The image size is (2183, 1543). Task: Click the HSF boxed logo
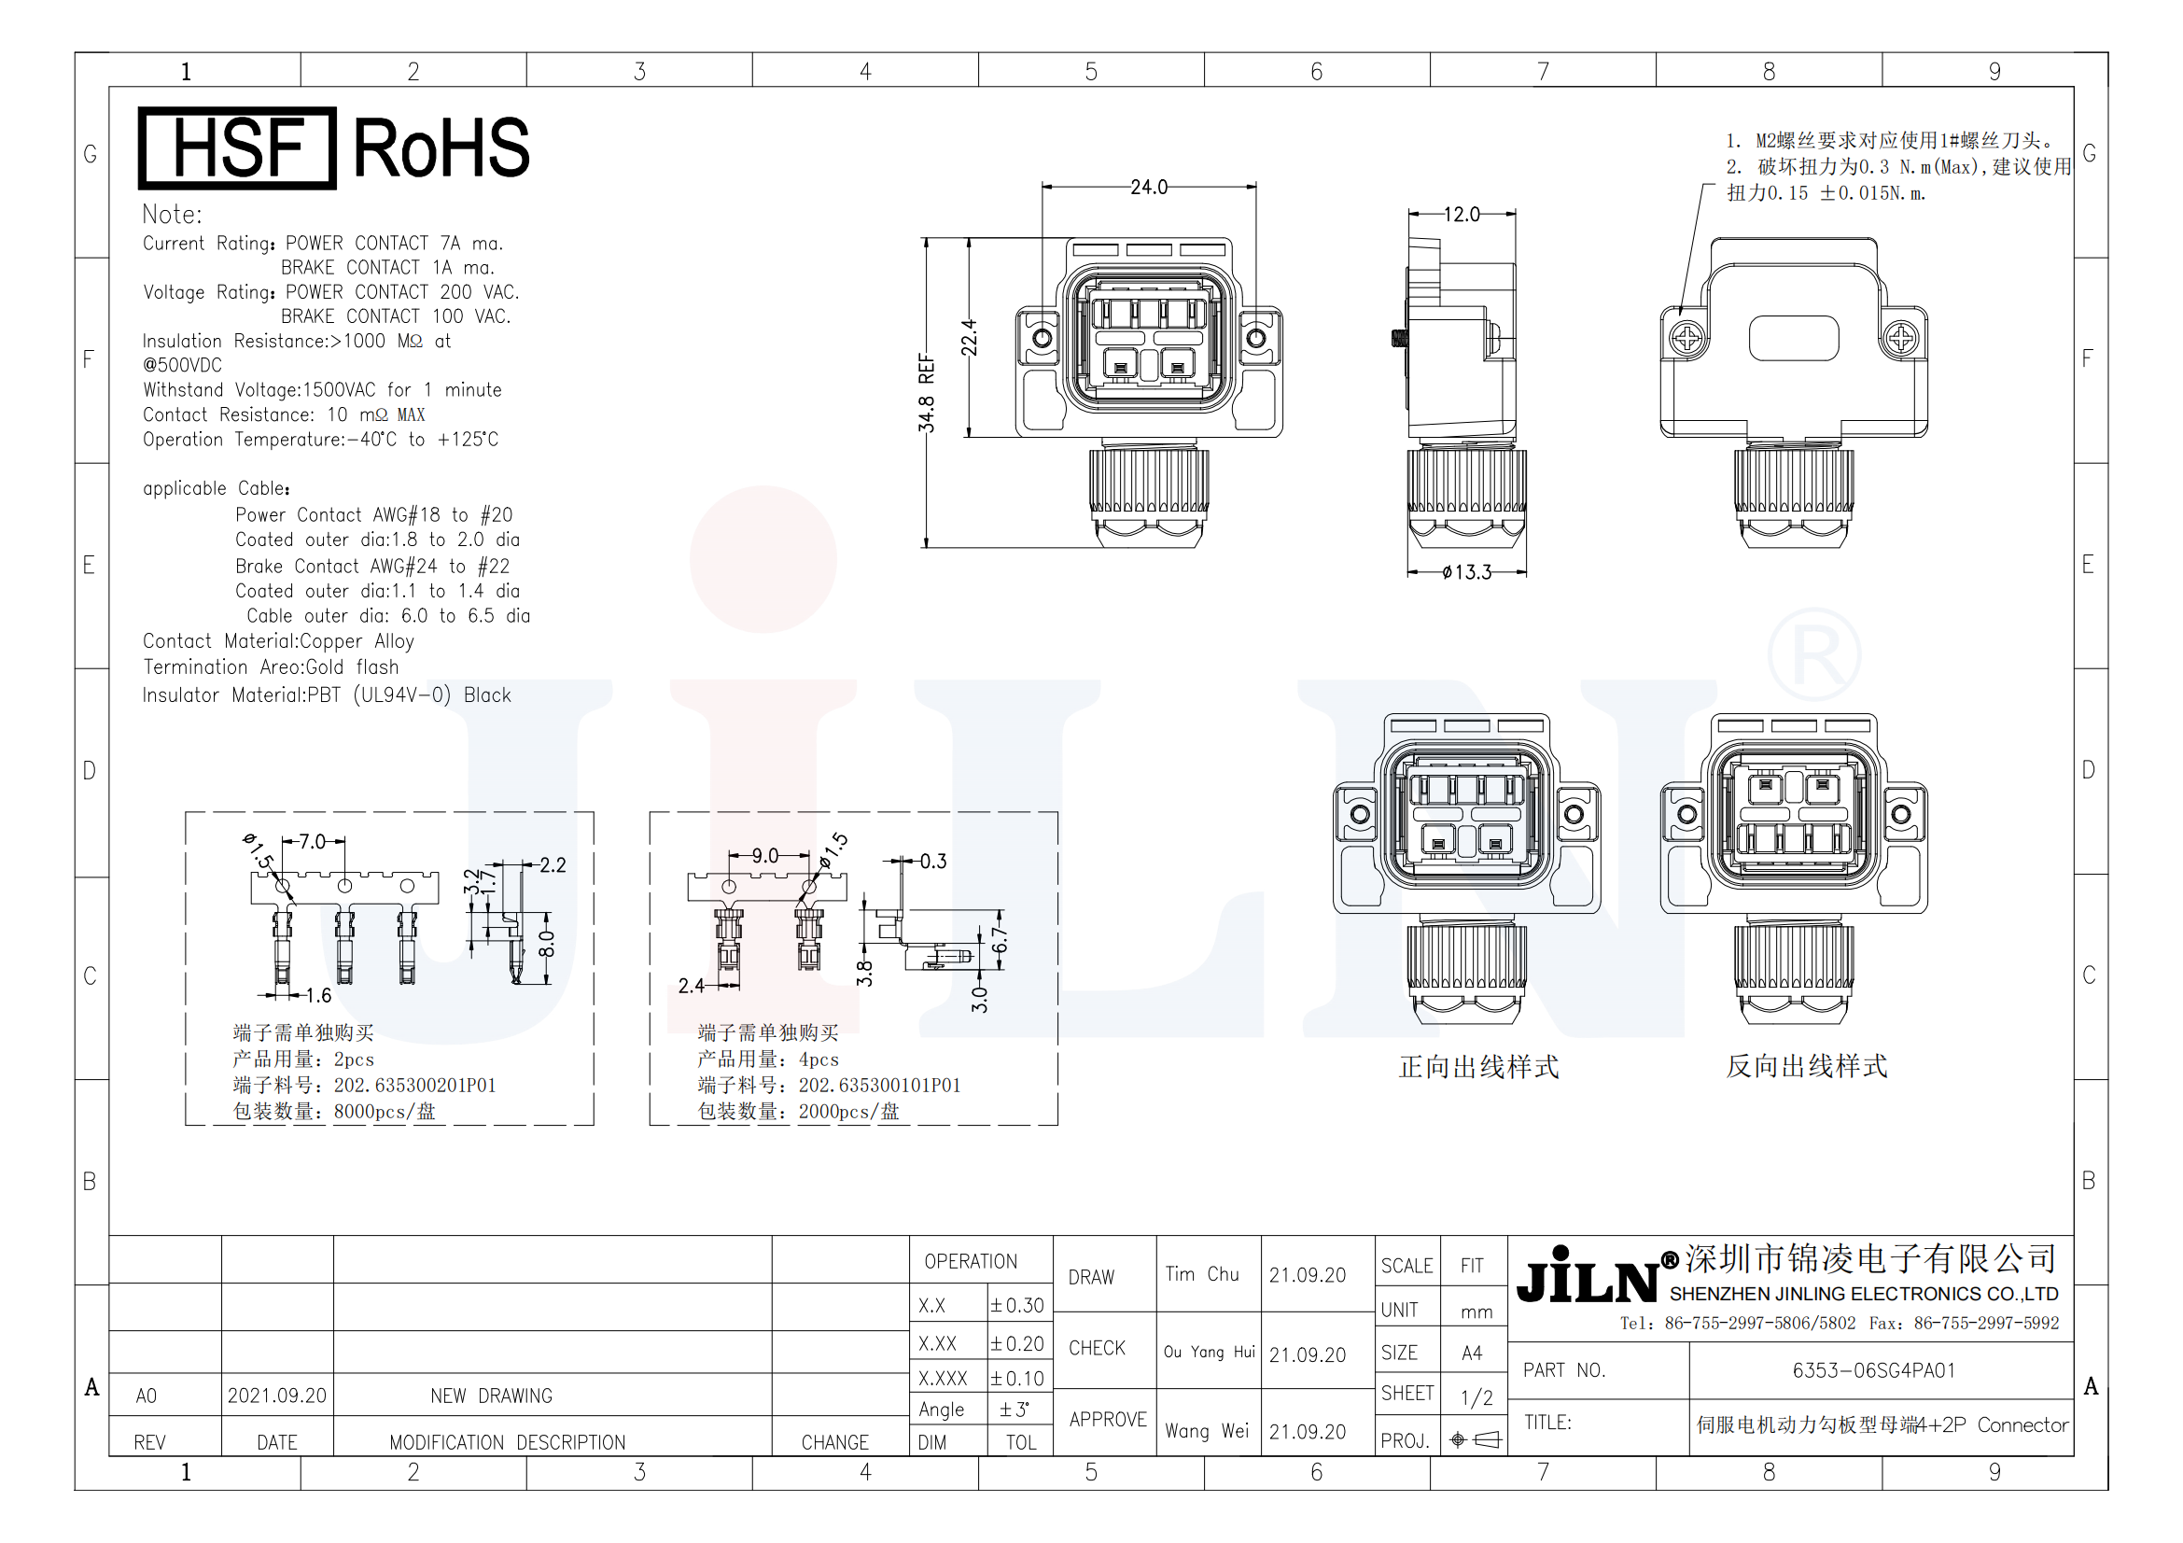coord(237,147)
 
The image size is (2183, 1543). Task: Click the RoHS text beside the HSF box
coord(441,147)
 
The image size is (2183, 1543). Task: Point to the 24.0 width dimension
coord(1149,187)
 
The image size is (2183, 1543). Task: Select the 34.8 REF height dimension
coord(926,393)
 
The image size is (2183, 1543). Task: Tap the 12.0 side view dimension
coord(1462,214)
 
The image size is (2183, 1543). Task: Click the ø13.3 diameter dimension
coord(1466,572)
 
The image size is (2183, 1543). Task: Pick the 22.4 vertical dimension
coord(969,338)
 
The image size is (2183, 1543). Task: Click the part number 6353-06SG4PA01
coord(1873,1370)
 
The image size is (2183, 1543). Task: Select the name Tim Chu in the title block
coord(1202,1274)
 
